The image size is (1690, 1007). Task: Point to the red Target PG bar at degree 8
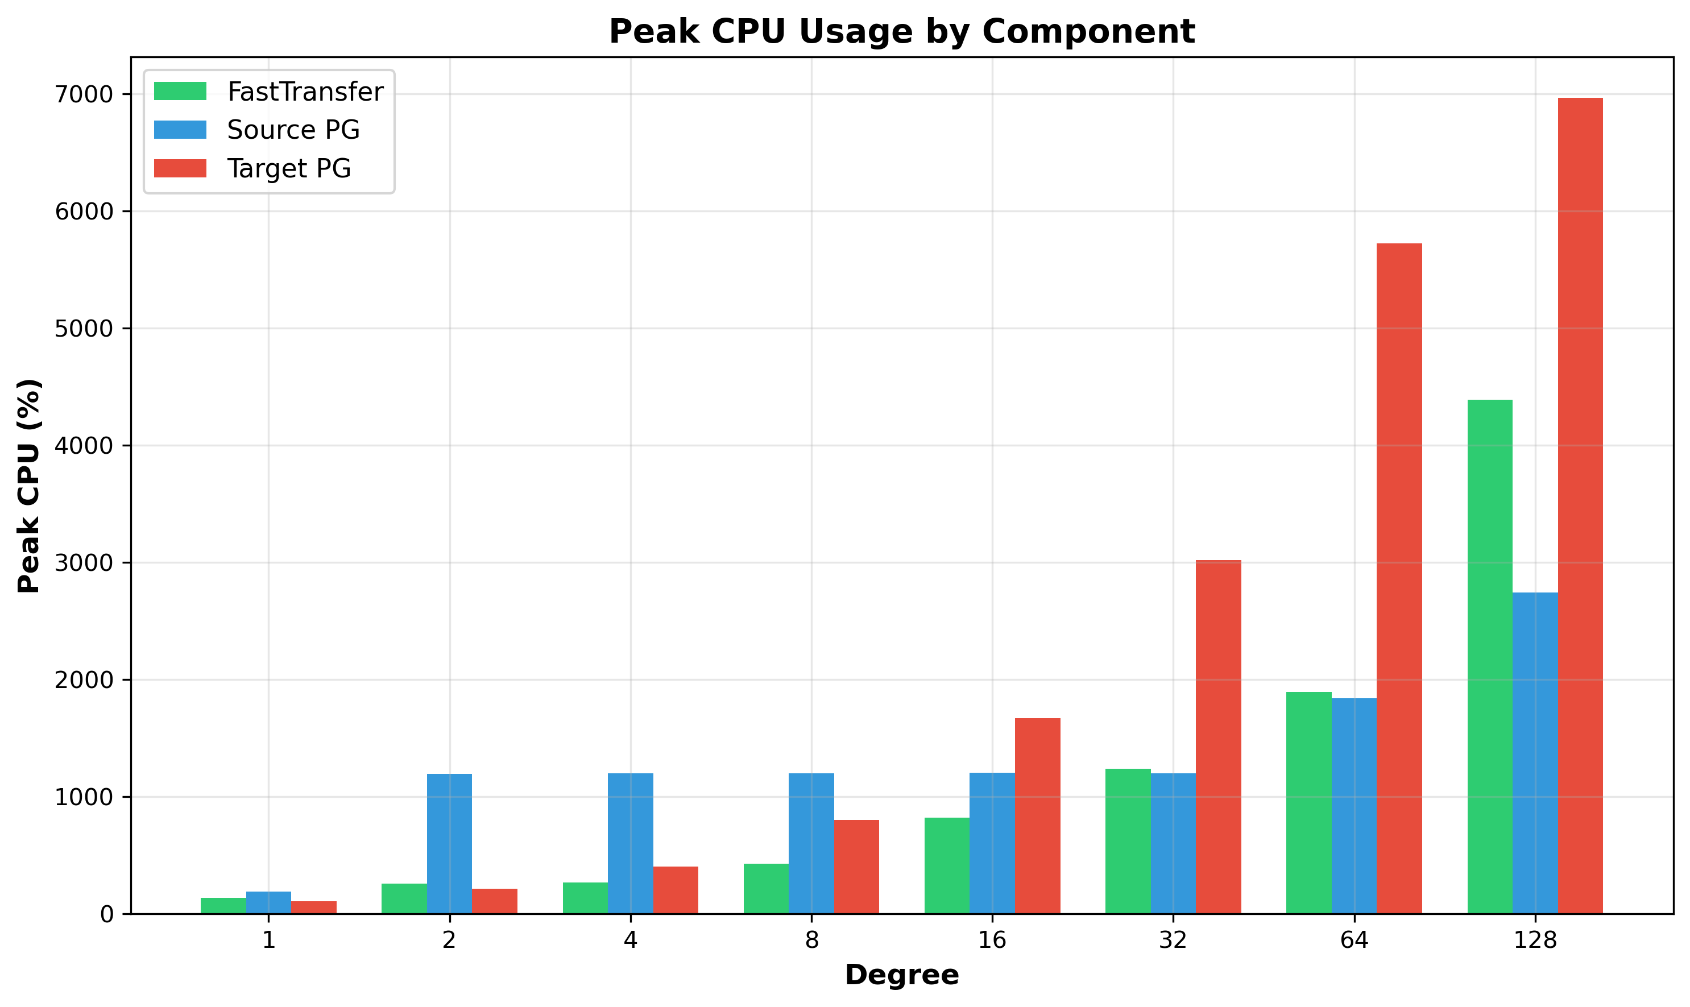coord(856,867)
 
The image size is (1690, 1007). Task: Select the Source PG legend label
coord(293,130)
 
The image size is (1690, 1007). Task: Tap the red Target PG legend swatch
coord(180,168)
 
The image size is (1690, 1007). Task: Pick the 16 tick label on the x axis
coord(992,940)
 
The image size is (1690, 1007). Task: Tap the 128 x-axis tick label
coord(1535,940)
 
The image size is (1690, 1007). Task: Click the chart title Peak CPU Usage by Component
coord(902,31)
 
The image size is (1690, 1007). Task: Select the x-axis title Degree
coord(902,975)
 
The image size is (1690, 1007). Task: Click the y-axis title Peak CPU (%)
coord(29,486)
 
